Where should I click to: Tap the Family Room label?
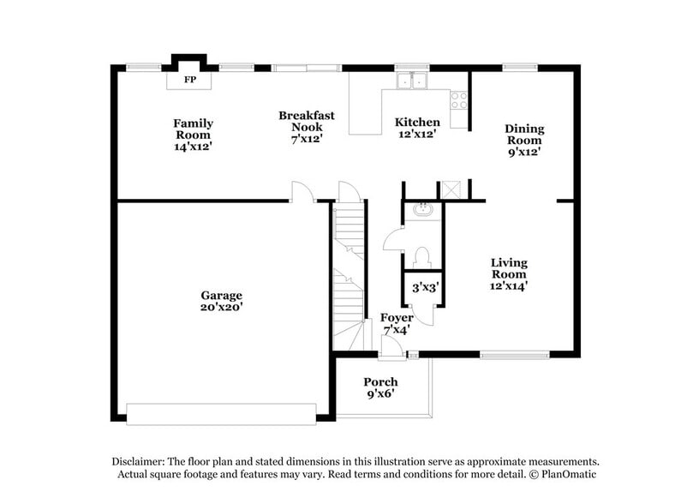(x=194, y=135)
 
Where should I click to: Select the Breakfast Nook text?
(x=306, y=127)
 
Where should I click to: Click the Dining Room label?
(x=524, y=140)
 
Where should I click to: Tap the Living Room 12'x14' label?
(x=509, y=274)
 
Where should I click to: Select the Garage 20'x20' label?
(x=222, y=301)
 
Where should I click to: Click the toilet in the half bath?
(x=421, y=255)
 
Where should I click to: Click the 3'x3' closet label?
(x=425, y=288)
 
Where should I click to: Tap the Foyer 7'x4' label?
(x=396, y=323)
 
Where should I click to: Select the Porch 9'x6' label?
(x=380, y=387)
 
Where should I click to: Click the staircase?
(x=348, y=274)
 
